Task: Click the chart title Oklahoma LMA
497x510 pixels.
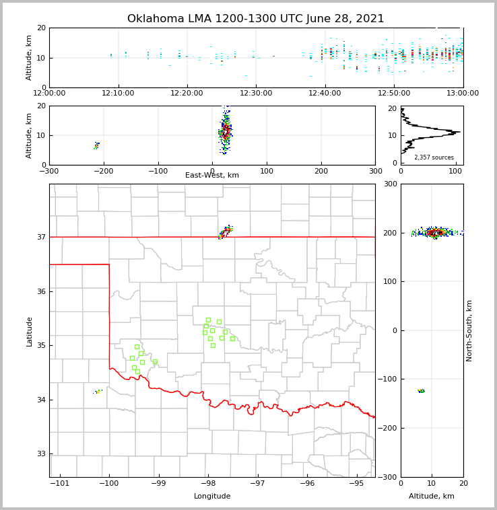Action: (x=255, y=19)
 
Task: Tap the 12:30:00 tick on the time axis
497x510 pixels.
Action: (x=256, y=94)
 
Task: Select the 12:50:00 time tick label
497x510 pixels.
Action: (x=394, y=94)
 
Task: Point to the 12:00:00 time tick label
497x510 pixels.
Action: (x=49, y=94)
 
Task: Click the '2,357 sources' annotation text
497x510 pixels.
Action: (x=434, y=157)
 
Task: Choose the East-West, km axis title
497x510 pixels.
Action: (x=212, y=176)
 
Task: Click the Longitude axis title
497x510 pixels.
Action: (x=212, y=497)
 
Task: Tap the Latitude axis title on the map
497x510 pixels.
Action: (x=30, y=331)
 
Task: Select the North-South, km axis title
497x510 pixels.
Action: (x=469, y=330)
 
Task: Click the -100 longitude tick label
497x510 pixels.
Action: (x=109, y=483)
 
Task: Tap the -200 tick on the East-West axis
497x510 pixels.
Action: (x=104, y=171)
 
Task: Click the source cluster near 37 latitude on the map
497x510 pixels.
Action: (x=225, y=232)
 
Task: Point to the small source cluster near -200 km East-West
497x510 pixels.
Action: (x=96, y=145)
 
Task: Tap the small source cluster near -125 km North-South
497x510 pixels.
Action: (x=421, y=391)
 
